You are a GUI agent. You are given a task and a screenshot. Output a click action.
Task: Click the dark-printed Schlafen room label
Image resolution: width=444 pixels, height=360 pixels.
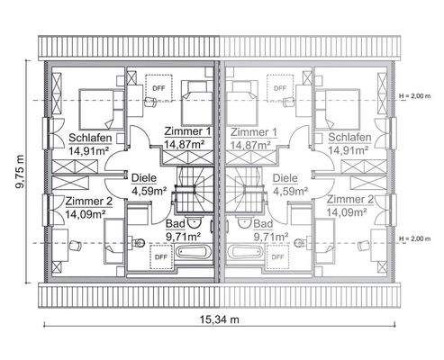click(x=88, y=138)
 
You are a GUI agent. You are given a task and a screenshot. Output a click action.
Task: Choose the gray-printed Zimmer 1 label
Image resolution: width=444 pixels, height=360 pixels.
click(x=253, y=131)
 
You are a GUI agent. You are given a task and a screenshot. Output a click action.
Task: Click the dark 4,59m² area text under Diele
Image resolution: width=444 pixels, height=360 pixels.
click(x=150, y=191)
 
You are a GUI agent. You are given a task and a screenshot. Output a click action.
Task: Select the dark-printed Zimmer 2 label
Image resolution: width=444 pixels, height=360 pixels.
click(x=87, y=201)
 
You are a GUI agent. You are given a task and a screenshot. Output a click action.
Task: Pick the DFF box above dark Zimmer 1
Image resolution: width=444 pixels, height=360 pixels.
click(x=159, y=87)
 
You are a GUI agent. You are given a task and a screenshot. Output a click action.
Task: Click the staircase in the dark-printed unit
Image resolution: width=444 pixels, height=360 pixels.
click(x=192, y=188)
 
